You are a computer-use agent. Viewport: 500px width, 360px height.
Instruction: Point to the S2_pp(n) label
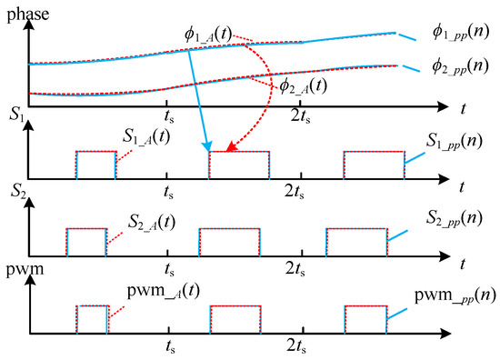click(x=459, y=218)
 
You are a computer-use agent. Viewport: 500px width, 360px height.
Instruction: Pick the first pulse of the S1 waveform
click(x=95, y=164)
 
